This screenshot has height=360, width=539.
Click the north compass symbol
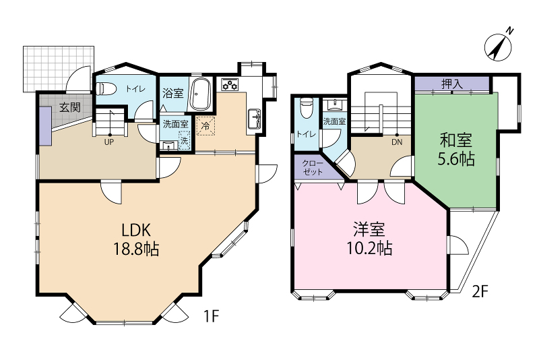(497, 48)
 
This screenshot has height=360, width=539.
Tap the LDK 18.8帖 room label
(136, 239)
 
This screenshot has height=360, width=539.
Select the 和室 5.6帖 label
(456, 149)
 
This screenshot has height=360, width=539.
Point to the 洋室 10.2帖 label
(369, 238)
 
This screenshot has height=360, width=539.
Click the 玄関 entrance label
(70, 108)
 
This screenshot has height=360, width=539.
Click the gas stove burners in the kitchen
(230, 84)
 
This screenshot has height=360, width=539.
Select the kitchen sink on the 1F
(255, 119)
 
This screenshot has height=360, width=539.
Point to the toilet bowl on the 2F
(306, 107)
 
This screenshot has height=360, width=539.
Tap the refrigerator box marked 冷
(205, 125)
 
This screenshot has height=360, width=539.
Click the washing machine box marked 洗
(185, 140)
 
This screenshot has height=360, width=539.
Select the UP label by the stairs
(109, 142)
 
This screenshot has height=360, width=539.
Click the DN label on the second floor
(397, 142)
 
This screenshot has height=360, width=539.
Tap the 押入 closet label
(451, 84)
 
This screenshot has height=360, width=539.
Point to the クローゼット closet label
(313, 167)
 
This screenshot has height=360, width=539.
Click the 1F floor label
(211, 316)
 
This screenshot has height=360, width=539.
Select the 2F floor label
(480, 292)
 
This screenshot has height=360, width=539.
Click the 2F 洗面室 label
(334, 121)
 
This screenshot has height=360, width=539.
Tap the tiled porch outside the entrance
(59, 69)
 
